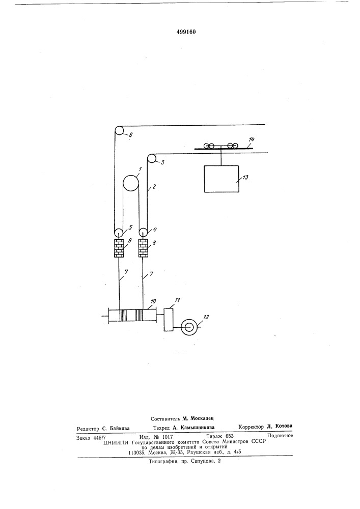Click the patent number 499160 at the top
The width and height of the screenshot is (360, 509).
click(186, 32)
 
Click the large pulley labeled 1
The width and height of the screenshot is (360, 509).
click(131, 183)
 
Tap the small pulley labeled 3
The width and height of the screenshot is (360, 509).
click(151, 159)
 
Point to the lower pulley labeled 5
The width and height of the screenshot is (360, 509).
click(119, 233)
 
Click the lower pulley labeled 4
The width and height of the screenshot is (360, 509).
click(143, 233)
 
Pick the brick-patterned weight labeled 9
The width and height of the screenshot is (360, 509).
click(119, 248)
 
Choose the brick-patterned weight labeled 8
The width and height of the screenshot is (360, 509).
click(143, 248)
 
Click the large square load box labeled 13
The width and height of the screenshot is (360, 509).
click(221, 179)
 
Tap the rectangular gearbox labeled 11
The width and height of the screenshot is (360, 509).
click(168, 320)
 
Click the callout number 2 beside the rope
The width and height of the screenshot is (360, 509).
click(154, 186)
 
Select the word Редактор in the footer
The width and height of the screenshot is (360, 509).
click(88, 429)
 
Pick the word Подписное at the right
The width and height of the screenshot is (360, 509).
click(280, 436)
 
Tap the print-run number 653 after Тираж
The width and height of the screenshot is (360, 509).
click(229, 436)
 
